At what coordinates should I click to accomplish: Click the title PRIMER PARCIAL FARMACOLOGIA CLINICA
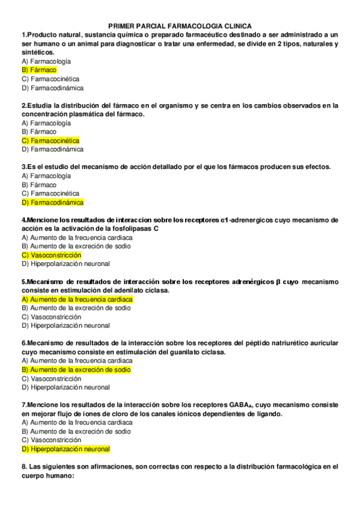coord(180,26)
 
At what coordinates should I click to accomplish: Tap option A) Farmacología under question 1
coord(46,61)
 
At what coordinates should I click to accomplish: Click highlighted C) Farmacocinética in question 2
coord(50,140)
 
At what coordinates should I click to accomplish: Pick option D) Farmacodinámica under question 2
coord(52,149)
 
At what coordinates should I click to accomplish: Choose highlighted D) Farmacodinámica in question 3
coord(52,202)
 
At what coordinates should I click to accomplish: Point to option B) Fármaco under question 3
coord(39,185)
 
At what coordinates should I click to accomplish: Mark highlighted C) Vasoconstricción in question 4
coord(51,255)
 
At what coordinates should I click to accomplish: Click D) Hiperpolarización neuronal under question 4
coord(66,263)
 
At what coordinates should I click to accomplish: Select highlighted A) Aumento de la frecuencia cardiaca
coord(77,299)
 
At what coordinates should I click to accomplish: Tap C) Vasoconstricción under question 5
coord(51,317)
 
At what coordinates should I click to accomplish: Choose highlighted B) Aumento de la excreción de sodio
coord(76,369)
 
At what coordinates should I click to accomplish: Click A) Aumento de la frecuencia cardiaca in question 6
coord(77,361)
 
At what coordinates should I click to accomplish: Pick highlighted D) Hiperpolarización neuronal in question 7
coord(66,449)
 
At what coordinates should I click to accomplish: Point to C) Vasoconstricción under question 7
coord(51,440)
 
